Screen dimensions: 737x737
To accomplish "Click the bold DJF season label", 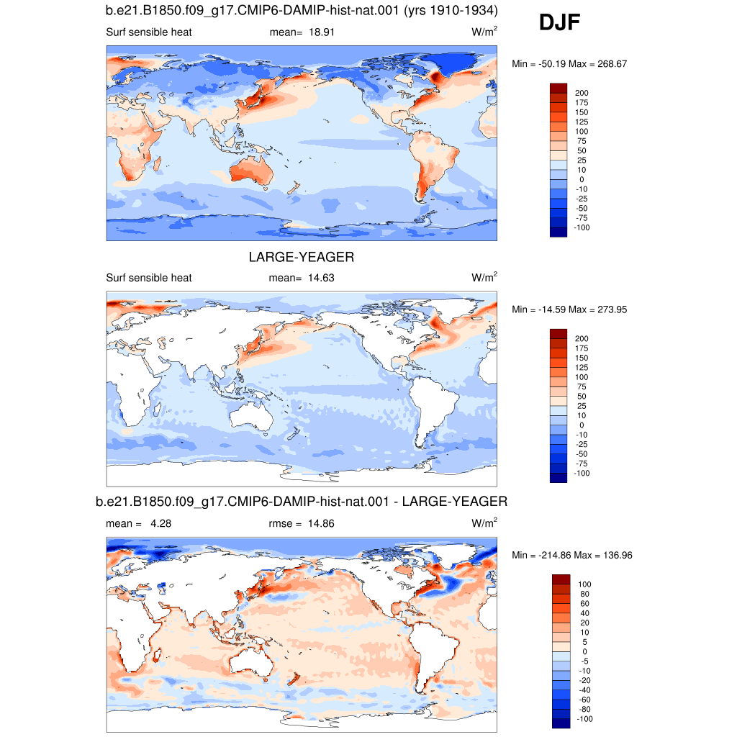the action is pyautogui.click(x=559, y=22).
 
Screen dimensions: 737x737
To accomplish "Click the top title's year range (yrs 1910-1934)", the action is pyautogui.click(x=451, y=10).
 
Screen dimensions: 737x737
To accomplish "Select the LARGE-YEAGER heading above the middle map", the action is pyautogui.click(x=302, y=257).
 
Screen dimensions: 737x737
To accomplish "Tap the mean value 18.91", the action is pyautogui.click(x=322, y=32).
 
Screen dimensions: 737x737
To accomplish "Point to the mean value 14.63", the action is pyautogui.click(x=321, y=278).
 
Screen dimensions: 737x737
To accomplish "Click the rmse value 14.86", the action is pyautogui.click(x=321, y=524).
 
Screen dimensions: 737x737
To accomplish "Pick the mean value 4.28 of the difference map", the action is pyautogui.click(x=160, y=524).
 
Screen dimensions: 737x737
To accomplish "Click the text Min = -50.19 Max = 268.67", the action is pyautogui.click(x=569, y=64).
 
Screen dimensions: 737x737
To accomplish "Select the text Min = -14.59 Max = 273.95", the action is pyautogui.click(x=569, y=309).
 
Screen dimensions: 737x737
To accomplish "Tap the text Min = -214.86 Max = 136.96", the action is pyautogui.click(x=572, y=556).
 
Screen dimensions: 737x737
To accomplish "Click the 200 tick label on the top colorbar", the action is pyautogui.click(x=582, y=93).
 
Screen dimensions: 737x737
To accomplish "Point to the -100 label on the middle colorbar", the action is pyautogui.click(x=582, y=474).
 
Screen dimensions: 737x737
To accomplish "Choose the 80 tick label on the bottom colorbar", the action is pyautogui.click(x=584, y=594).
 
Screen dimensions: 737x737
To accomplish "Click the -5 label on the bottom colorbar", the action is pyautogui.click(x=584, y=661).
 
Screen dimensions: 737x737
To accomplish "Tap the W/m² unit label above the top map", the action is pyautogui.click(x=484, y=32).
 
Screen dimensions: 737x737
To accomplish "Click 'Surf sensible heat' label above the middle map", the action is pyautogui.click(x=148, y=278).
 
